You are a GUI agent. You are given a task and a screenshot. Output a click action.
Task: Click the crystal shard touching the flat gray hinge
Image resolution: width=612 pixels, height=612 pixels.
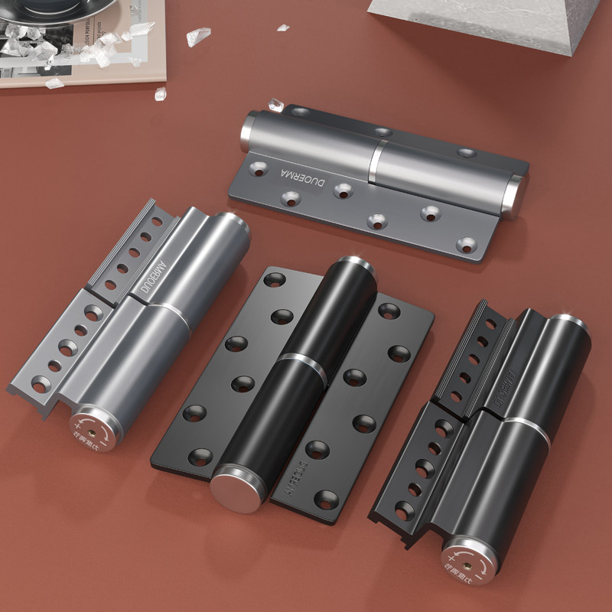[275, 105]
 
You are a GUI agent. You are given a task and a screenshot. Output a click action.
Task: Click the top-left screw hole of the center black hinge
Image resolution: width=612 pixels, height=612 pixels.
[274, 279]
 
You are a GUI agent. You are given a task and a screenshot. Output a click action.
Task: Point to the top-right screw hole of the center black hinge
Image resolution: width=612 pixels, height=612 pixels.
[389, 310]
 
